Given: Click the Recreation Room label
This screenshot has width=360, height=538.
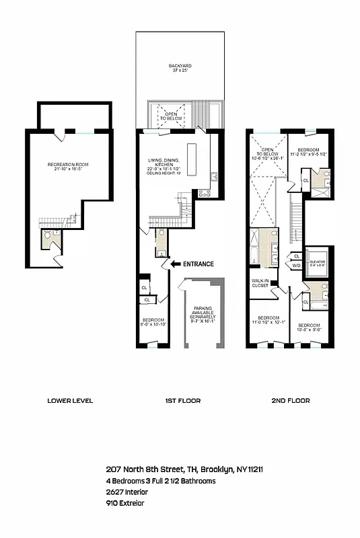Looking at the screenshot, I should tap(67, 165).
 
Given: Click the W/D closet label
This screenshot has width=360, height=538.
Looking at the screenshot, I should tap(297, 266).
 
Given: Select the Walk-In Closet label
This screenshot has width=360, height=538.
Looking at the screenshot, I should tap(260, 282).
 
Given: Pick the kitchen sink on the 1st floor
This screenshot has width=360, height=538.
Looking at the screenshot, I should tap(213, 177).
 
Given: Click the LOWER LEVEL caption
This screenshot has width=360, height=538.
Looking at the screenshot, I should tap(70, 401).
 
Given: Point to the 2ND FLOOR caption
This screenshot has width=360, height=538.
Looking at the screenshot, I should tap(290, 401).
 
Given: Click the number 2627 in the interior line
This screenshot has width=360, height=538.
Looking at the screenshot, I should tap(115, 492).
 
